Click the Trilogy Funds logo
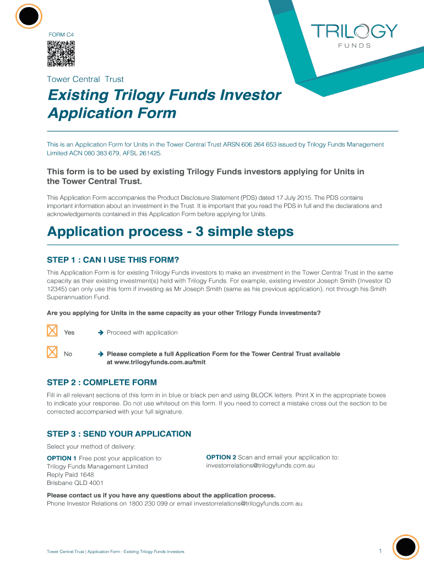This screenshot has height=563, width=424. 354,35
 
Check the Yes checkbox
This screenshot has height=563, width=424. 52,331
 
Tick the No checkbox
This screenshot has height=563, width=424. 52,352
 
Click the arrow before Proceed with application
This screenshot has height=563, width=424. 101,333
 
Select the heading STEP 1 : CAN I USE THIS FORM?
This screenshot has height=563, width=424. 113,260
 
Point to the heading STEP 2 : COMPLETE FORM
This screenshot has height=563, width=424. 102,382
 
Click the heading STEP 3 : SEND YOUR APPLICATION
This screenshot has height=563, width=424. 119,434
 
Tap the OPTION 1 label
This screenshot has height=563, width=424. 62,458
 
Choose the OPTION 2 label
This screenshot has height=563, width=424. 221,457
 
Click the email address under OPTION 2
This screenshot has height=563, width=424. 260,466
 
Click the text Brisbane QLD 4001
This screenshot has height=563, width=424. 75,483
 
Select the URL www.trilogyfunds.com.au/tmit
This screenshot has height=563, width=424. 156,362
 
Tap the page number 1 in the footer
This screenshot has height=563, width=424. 380,551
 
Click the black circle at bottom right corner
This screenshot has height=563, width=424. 406,548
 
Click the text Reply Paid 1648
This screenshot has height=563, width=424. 70,474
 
